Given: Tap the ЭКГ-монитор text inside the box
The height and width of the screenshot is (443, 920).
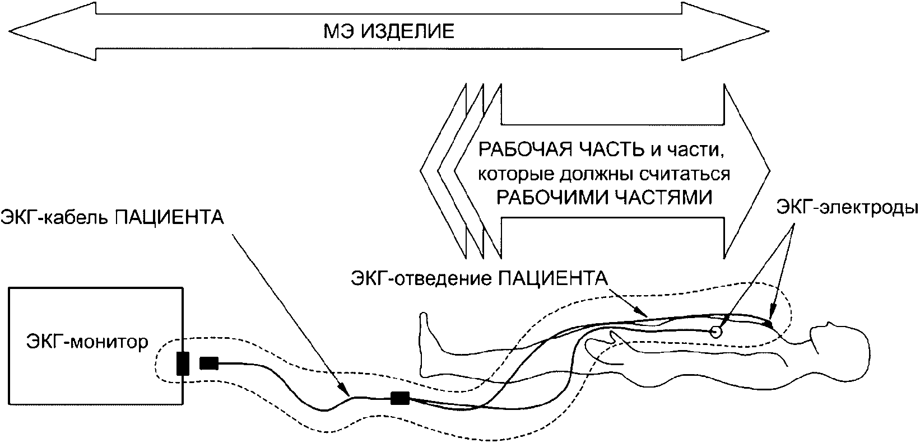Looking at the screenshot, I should click(87, 341).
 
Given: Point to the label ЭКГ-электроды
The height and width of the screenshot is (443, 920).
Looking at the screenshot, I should click(846, 208).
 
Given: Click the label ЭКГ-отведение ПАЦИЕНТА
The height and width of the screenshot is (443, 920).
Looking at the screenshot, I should click(479, 278).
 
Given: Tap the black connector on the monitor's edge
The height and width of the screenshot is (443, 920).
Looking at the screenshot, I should click(182, 363).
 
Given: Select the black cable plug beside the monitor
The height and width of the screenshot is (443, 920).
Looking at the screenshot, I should click(208, 363).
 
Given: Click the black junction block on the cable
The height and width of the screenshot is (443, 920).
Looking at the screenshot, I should click(400, 399).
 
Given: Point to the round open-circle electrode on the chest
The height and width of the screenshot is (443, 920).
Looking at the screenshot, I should click(715, 332).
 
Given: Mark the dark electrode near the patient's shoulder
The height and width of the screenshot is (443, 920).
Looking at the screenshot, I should click(769, 323).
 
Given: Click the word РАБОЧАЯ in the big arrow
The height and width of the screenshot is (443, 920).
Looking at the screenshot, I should click(513, 150).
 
